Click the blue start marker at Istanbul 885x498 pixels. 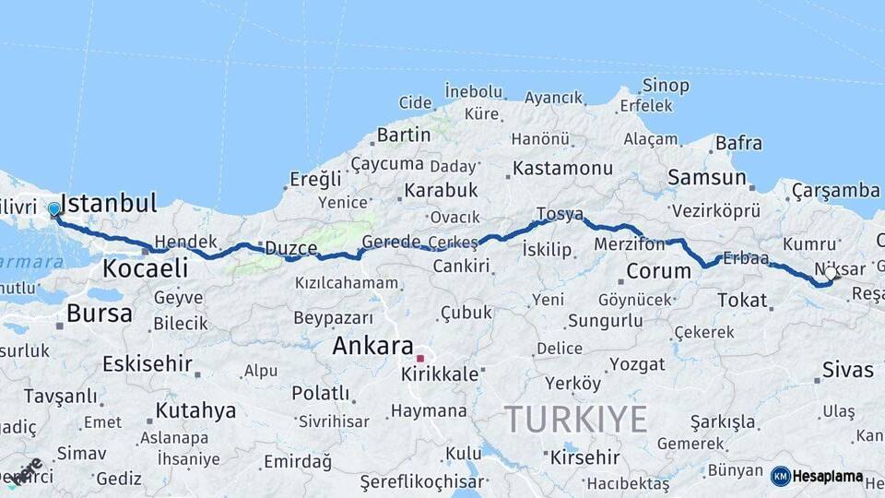(x=53, y=209)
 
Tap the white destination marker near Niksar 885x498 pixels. (x=831, y=274)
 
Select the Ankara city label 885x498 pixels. (x=372, y=347)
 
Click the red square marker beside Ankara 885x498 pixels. (x=420, y=358)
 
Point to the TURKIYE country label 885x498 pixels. (x=575, y=420)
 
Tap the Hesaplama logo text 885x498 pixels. (x=827, y=476)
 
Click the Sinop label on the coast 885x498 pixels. (x=666, y=86)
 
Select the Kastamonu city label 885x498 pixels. (x=562, y=169)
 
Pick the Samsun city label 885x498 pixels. (x=706, y=177)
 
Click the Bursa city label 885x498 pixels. (x=100, y=314)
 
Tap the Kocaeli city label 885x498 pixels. (x=145, y=269)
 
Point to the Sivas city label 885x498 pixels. (x=847, y=371)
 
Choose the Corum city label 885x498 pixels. (x=658, y=271)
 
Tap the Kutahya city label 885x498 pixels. (x=195, y=410)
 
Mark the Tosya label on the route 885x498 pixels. (x=560, y=214)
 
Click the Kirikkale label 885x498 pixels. (x=440, y=374)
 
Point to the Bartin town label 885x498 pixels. (x=403, y=136)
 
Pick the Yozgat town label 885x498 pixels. (x=636, y=364)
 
